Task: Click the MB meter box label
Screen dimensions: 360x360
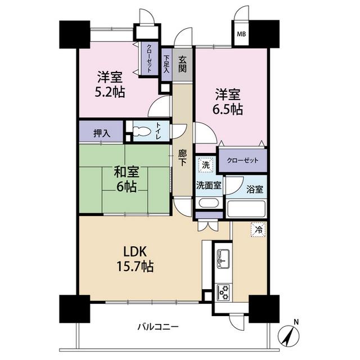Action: tap(241, 34)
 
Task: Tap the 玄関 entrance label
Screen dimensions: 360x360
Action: tap(182, 65)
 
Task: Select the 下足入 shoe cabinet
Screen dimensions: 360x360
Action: tap(166, 65)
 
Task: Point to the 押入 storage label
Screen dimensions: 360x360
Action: tap(102, 133)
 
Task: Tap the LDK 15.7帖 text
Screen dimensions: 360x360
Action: tap(135, 259)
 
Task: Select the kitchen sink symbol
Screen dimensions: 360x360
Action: tap(223, 259)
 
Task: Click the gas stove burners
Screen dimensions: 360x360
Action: tap(223, 292)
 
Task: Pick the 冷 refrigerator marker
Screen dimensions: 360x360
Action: tap(259, 229)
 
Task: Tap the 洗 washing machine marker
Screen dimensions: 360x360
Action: tap(206, 165)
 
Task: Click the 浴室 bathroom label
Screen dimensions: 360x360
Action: tap(255, 190)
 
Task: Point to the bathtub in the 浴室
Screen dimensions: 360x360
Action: tap(246, 209)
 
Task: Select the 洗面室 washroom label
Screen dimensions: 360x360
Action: tap(209, 185)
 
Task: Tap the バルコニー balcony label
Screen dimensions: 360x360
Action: tap(158, 326)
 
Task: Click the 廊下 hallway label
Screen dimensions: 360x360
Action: tap(182, 158)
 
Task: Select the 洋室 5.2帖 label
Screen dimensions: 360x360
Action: tap(110, 84)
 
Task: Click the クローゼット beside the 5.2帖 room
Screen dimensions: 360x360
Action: tap(149, 58)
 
